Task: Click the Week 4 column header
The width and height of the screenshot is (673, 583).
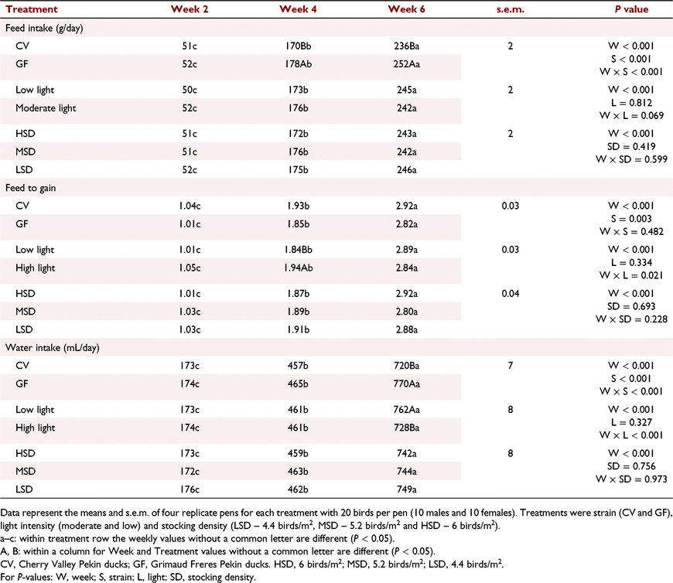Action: (x=298, y=9)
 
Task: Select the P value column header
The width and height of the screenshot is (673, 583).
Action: (x=631, y=9)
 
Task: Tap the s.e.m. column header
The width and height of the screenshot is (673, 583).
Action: (x=511, y=9)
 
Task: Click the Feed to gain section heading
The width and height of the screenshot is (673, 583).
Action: (x=30, y=188)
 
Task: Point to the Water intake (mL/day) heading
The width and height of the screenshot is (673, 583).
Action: (x=53, y=347)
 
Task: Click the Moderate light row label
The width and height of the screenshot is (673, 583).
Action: (x=46, y=108)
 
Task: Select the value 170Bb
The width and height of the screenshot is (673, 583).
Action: (x=299, y=46)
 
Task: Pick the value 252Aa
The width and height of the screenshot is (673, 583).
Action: (x=406, y=64)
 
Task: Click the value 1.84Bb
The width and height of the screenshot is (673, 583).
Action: (x=299, y=250)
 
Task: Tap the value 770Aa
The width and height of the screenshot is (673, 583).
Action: (x=406, y=384)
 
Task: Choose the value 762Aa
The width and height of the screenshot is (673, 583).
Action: (x=406, y=410)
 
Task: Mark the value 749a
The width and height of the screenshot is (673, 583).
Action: (x=406, y=489)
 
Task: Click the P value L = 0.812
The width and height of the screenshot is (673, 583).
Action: (x=631, y=103)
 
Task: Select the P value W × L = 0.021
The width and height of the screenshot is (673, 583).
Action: (x=631, y=275)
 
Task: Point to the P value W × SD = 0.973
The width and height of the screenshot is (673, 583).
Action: (x=631, y=479)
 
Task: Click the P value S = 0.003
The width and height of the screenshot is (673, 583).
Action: (x=631, y=219)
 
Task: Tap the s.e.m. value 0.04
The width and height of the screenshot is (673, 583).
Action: (x=511, y=293)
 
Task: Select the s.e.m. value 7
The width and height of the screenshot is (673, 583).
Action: (x=511, y=366)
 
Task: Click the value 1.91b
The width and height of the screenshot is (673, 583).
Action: (x=299, y=329)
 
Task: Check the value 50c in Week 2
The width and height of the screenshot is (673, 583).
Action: (x=190, y=90)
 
